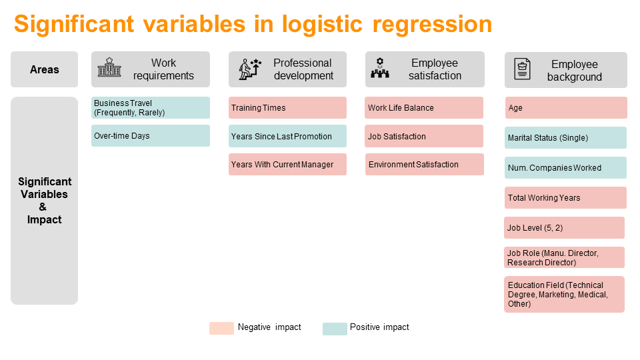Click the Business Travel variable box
click(x=151, y=108)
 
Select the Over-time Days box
click(x=151, y=136)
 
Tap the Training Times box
click(x=287, y=108)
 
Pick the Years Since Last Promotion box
click(x=287, y=136)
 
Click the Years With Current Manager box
click(x=287, y=165)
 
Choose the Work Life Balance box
click(x=424, y=108)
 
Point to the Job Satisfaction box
click(x=424, y=136)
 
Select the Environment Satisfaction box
click(x=424, y=165)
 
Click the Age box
click(x=565, y=108)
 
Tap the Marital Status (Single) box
click(x=565, y=138)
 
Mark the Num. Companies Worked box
click(x=565, y=168)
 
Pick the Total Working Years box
click(x=565, y=198)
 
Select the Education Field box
click(x=564, y=294)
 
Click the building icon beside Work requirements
click(x=109, y=69)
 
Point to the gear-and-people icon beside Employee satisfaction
click(x=380, y=69)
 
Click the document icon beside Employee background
click(x=522, y=69)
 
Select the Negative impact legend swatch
click(x=221, y=328)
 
